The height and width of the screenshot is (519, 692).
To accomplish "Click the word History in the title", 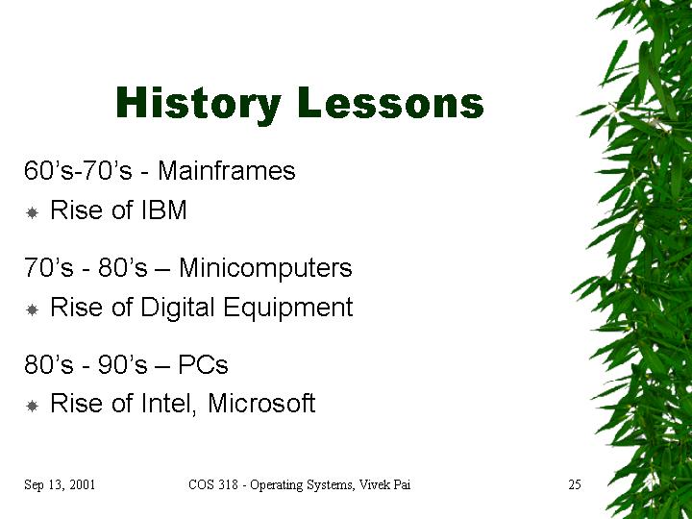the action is click(x=198, y=104).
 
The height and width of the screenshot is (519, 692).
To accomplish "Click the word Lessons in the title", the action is click(x=391, y=103).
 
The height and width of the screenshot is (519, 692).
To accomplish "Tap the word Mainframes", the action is click(x=227, y=170).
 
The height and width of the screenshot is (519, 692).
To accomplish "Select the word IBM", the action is click(x=164, y=210).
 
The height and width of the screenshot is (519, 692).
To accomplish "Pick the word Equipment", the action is click(x=288, y=309).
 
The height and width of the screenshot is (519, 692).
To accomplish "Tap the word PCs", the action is click(x=203, y=364).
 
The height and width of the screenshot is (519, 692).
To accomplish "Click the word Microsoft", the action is click(x=261, y=403).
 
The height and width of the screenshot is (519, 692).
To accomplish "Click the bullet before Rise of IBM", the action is click(x=33, y=212).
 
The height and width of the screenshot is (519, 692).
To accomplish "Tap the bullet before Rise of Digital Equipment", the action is click(x=33, y=309).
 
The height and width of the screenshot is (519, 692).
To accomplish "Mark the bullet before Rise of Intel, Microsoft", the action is click(x=33, y=406).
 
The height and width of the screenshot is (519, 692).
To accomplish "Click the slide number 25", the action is click(x=575, y=484).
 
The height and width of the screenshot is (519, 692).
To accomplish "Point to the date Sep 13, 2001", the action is click(x=60, y=485).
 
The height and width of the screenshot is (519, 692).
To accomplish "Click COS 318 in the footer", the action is click(x=213, y=484).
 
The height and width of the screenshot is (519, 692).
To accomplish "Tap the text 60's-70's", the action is click(x=78, y=170).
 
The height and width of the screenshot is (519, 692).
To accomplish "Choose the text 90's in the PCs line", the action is click(x=122, y=364).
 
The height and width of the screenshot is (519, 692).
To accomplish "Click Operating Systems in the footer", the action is click(x=302, y=485).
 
